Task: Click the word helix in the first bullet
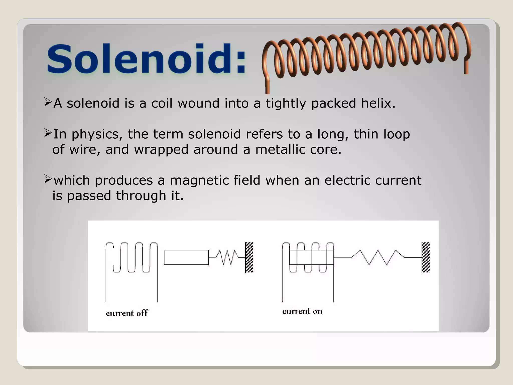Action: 378,103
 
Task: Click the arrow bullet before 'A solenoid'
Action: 48,102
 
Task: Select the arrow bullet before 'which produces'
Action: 48,179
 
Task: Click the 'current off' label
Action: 127,313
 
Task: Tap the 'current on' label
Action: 302,311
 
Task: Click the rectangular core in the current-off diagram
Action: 187,257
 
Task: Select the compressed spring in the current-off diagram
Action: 227,257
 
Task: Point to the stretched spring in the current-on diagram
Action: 378,257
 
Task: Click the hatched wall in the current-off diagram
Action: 249,257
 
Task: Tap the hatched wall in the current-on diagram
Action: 426,257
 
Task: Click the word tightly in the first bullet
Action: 286,104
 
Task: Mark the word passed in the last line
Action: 89,196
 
